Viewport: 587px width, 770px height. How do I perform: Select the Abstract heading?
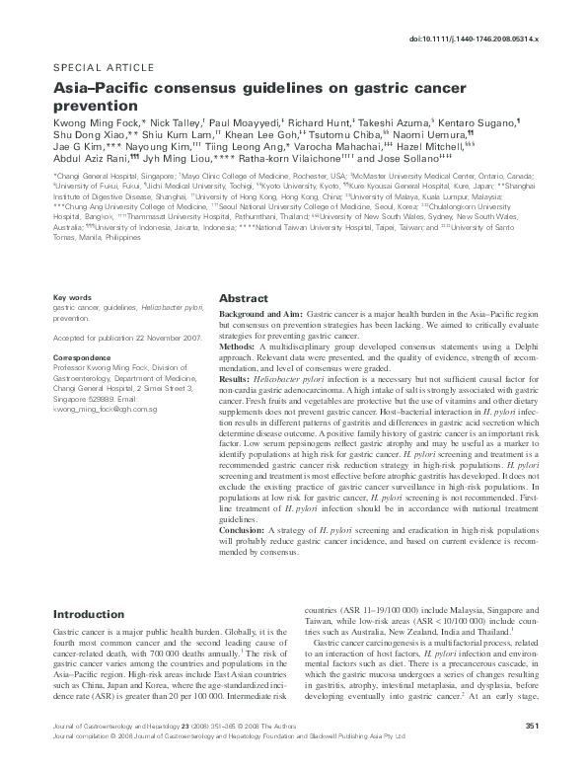coord(243,297)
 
